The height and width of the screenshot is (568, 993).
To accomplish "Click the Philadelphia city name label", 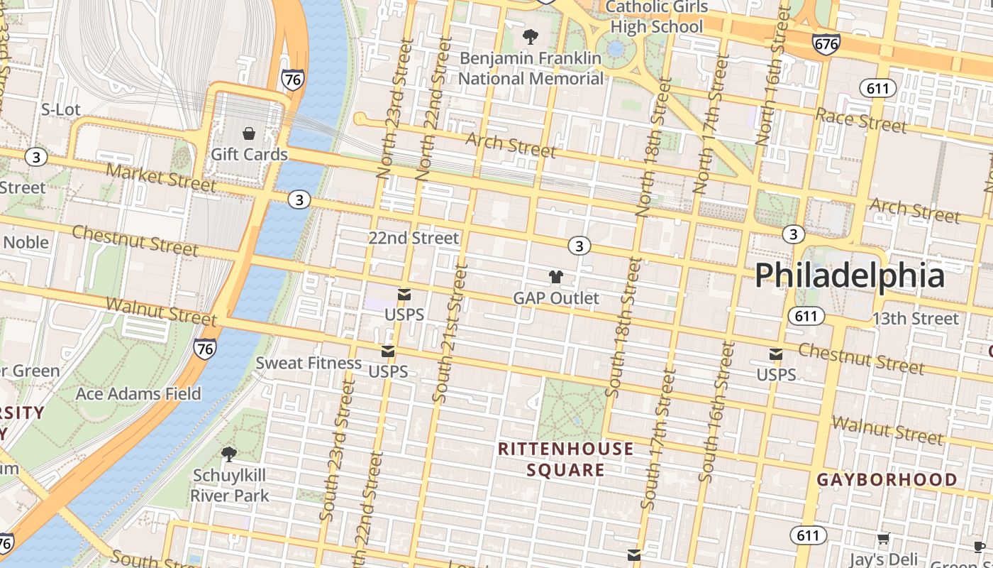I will [x=849, y=275].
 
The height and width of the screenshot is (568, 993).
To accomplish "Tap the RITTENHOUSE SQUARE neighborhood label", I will [x=565, y=459].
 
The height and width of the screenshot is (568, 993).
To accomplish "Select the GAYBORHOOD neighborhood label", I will [x=887, y=480].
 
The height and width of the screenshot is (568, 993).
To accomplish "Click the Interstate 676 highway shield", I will [x=826, y=43].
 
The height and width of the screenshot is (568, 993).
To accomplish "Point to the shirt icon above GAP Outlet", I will [x=555, y=277].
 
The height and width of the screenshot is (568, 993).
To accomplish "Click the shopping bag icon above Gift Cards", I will [x=249, y=133].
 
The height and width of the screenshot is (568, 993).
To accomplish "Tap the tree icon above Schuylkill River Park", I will [x=228, y=454].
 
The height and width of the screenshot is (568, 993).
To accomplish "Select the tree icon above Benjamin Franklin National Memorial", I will [x=529, y=36].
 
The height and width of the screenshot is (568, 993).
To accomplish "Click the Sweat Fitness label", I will [x=309, y=363].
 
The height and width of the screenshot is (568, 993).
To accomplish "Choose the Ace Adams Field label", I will [x=138, y=393].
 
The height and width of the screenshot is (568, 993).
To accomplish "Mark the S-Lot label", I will [x=61, y=109].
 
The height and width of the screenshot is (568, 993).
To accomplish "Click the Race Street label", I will [x=860, y=120].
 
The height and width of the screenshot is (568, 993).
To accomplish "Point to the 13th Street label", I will [x=915, y=318].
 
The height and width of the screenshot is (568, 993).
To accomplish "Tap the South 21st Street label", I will [x=450, y=334].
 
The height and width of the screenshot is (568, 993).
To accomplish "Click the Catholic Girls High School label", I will [x=657, y=17].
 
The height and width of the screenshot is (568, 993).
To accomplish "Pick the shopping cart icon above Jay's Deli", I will [x=883, y=539].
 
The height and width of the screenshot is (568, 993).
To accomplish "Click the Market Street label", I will [x=161, y=177].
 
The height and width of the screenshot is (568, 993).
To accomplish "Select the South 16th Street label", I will [x=716, y=412].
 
